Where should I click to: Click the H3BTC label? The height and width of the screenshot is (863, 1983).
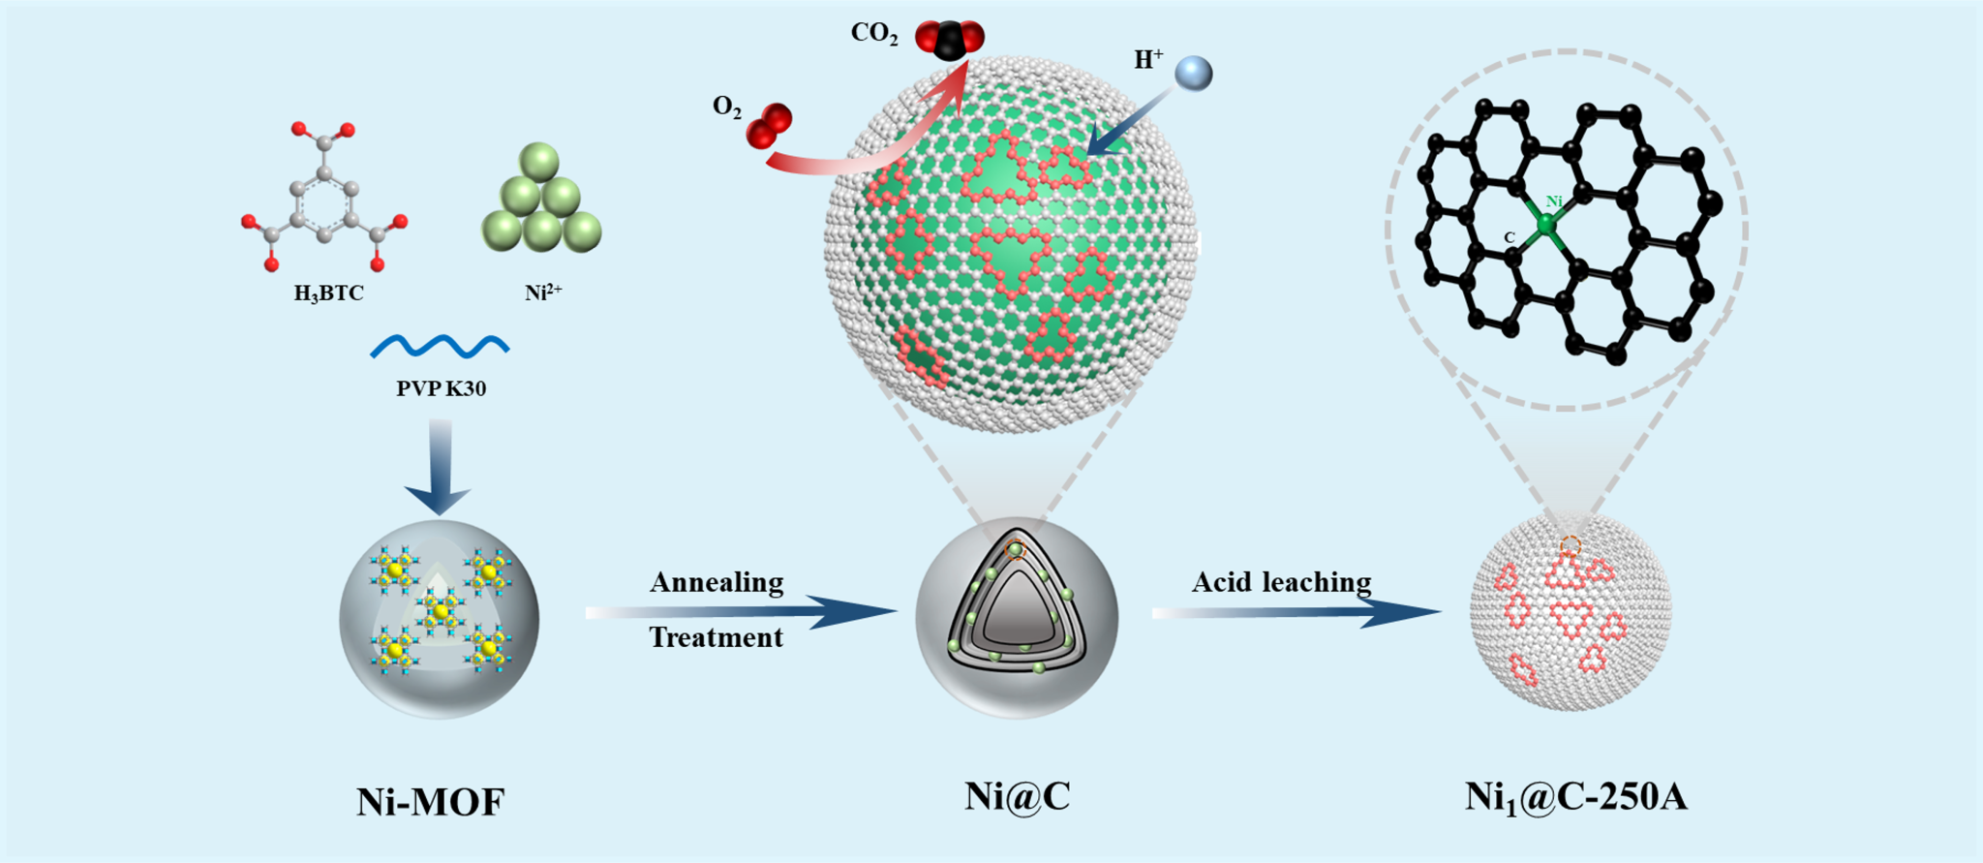[x=329, y=293]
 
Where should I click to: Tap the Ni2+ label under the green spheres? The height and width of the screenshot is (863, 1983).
[x=542, y=292]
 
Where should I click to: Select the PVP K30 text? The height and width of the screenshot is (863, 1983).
[x=441, y=388]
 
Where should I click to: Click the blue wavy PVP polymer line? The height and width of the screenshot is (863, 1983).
[x=440, y=346]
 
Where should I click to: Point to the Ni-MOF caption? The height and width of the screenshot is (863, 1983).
[x=431, y=802]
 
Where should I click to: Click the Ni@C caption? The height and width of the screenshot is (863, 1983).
[x=1017, y=796]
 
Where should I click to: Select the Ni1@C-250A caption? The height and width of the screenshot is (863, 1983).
[x=1575, y=797]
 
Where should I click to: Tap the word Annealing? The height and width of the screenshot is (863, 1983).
[x=717, y=582]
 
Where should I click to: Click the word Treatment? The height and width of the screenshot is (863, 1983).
[x=716, y=637]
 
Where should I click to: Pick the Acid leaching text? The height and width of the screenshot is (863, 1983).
[x=1281, y=582]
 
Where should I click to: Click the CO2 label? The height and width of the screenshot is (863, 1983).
[x=874, y=34]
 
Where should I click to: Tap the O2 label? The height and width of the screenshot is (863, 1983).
[x=727, y=107]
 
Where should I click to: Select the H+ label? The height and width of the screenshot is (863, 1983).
[x=1148, y=60]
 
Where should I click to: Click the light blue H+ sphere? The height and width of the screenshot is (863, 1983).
[x=1193, y=74]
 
